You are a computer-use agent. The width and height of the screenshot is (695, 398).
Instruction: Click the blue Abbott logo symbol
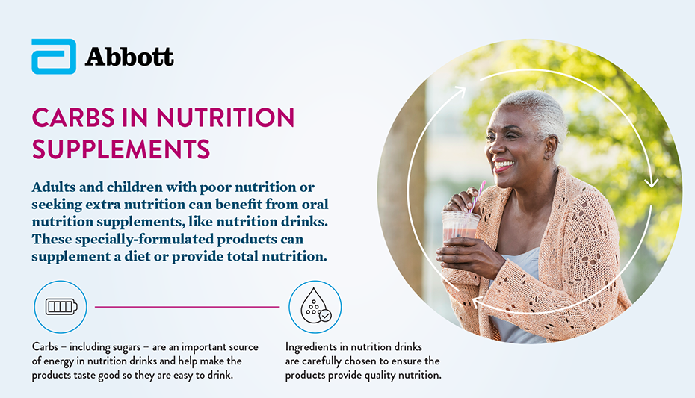53,57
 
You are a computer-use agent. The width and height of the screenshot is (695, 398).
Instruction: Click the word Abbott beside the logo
129,57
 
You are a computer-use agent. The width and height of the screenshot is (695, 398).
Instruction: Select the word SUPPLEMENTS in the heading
120,149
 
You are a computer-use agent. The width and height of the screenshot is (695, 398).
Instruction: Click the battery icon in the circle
61,306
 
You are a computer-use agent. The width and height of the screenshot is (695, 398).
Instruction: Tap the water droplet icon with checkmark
315,306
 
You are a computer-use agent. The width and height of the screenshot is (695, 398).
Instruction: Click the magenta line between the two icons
187,307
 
